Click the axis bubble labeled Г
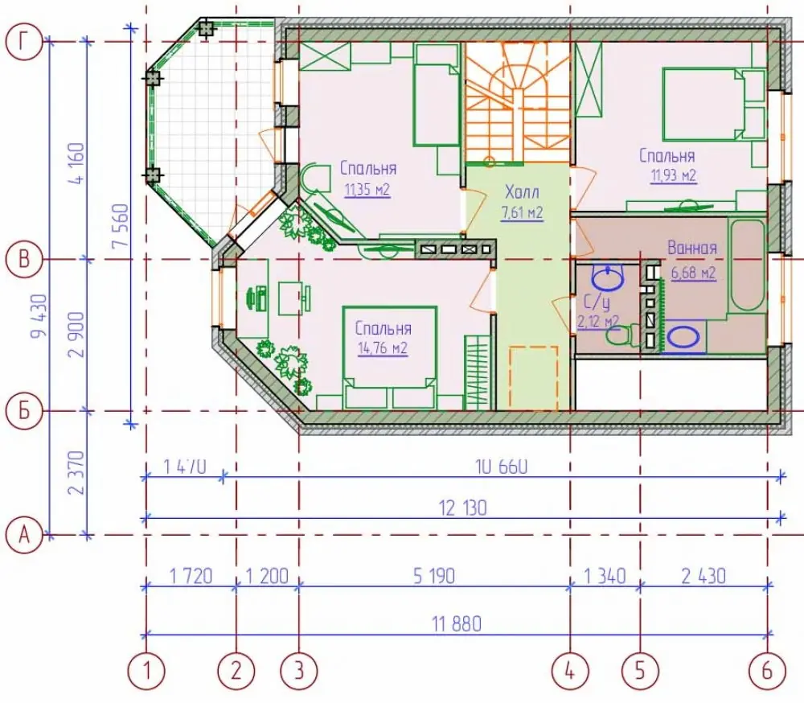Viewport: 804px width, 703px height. pos(23,42)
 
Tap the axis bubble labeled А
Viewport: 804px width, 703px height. pos(23,536)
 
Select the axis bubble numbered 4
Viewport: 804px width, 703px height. pos(570,671)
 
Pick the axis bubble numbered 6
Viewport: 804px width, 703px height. pos(767,671)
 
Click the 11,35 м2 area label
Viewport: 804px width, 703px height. pos(367,190)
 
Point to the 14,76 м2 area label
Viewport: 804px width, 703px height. pos(383,349)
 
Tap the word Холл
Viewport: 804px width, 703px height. pos(522,192)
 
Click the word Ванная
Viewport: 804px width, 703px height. pos(691,249)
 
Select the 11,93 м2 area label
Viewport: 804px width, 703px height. pos(674,176)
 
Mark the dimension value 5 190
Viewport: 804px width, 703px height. pos(434,576)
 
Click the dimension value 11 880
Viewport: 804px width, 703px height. pos(457,624)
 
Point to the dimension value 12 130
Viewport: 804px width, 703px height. pos(462,508)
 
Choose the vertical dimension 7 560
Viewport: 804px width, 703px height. pos(121,225)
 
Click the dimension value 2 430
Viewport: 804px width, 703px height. pos(703,576)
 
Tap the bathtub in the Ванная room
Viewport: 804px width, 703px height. pos(747,265)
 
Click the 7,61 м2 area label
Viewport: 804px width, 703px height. pos(522,212)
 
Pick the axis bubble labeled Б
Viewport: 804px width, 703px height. pos(23,411)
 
